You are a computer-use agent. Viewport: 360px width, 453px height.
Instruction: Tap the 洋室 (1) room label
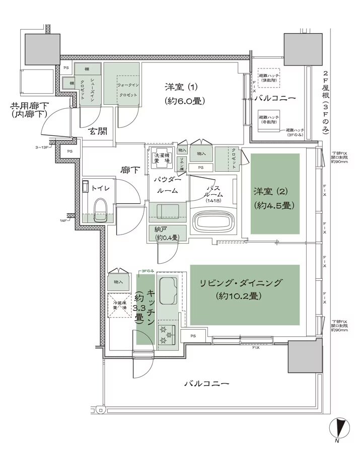(x=184, y=93)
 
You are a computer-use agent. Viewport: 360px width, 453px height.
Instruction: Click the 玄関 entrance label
(x=98, y=131)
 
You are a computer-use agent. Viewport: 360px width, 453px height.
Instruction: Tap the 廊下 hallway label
(x=130, y=170)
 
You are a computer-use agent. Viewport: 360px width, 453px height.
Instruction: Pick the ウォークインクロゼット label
(x=128, y=90)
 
